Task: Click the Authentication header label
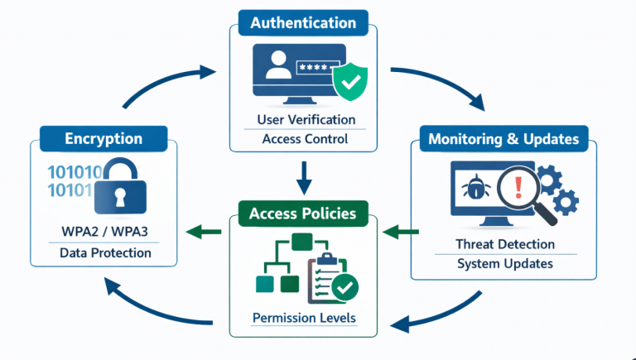[303, 23]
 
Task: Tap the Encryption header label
[104, 139]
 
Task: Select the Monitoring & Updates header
[503, 138]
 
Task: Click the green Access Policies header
[302, 214]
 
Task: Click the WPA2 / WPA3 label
[104, 232]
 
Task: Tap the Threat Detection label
[504, 244]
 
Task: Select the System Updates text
[504, 264]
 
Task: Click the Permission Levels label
[303, 319]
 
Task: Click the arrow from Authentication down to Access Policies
[303, 175]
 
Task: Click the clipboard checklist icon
[329, 277]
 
